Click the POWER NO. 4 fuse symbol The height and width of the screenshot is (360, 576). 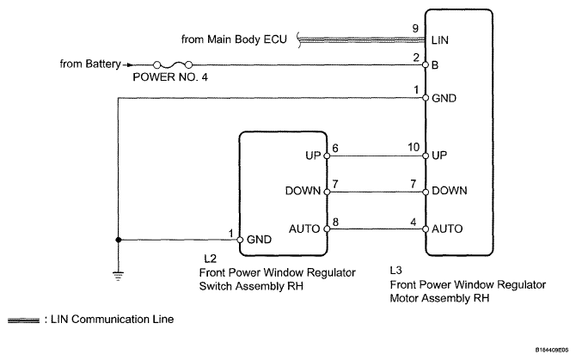[x=173, y=65]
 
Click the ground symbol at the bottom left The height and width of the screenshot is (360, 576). [x=119, y=276]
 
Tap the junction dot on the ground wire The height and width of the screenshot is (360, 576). [x=119, y=240]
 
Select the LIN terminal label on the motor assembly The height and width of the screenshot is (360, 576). [x=439, y=40]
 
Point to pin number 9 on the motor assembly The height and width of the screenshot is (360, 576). [x=415, y=28]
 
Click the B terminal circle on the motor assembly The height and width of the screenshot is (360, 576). [x=426, y=65]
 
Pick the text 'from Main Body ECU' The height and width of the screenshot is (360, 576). [x=234, y=40]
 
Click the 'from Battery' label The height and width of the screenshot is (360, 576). [x=90, y=64]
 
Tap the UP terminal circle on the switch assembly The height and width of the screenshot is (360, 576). [x=327, y=156]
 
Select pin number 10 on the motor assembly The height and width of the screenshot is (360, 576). [x=414, y=147]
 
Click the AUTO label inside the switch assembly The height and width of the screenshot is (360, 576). [x=304, y=229]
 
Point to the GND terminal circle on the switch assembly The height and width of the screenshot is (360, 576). [x=240, y=240]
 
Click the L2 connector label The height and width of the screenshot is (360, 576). [x=210, y=259]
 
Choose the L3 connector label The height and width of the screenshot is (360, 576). [x=396, y=271]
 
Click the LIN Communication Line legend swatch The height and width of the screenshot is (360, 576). [x=23, y=320]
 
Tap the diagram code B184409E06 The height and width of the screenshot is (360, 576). [x=552, y=351]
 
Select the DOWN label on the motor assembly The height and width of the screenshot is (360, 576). [x=450, y=191]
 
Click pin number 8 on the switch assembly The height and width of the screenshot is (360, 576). [x=335, y=222]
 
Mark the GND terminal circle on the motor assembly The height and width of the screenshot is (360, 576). [x=426, y=98]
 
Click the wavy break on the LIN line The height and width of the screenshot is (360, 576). [x=300, y=40]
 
